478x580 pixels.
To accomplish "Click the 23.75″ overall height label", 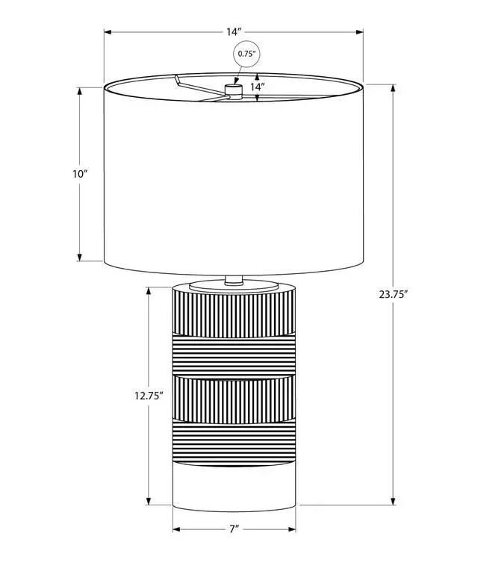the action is (394, 294).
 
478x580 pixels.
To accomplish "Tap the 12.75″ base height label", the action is (149, 396).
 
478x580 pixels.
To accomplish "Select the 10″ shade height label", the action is (79, 173).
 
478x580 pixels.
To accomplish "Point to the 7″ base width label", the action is (234, 529).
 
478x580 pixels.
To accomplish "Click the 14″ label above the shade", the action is (234, 32).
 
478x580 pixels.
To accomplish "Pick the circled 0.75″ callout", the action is (246, 54).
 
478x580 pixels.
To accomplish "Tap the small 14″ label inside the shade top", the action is (257, 87).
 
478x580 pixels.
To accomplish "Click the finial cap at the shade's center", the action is (234, 90).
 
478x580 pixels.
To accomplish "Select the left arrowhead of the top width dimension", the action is (108, 32).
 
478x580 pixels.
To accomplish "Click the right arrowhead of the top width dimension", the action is (359, 32).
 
